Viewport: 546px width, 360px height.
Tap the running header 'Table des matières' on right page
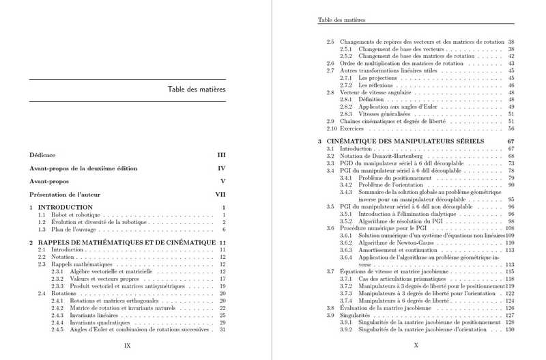point(342,20)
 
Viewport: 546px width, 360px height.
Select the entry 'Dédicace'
point(42,155)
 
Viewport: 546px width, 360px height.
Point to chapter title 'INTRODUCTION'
point(66,207)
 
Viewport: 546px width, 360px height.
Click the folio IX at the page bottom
point(127,346)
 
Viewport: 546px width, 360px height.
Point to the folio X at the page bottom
point(416,346)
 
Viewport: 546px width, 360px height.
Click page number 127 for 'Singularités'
point(508,315)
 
